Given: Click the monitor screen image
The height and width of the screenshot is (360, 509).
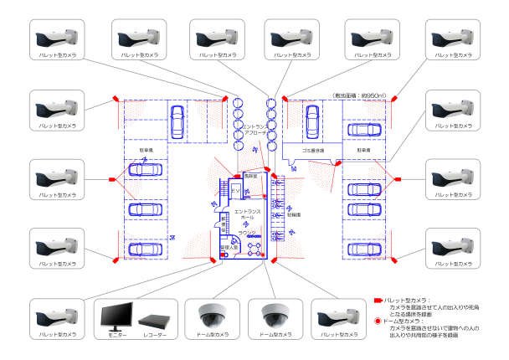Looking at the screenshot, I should (x=115, y=316).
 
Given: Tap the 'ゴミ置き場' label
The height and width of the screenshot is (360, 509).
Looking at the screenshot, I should (x=315, y=152).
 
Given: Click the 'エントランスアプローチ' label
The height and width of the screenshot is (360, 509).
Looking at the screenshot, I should (x=254, y=130).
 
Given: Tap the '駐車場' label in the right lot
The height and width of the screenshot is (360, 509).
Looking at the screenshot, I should (x=364, y=152).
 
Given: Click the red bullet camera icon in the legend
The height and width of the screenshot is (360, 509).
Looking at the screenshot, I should (x=377, y=299).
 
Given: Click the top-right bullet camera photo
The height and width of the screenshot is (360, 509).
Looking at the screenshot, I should (x=453, y=37).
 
